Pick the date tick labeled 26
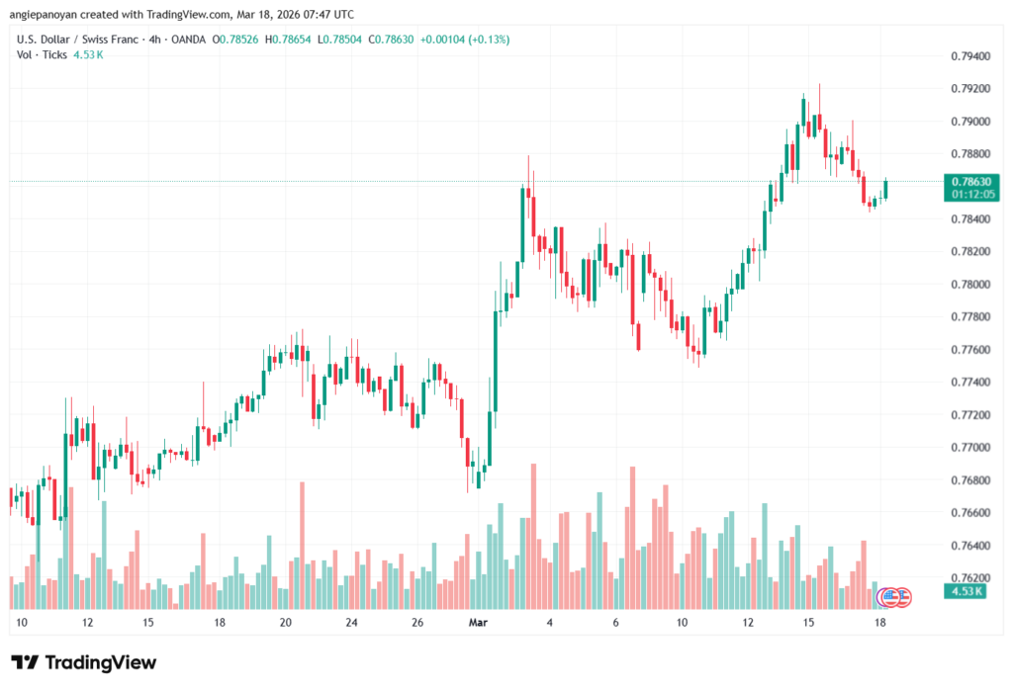coord(418,623)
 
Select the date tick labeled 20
coord(285,623)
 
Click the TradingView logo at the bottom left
coord(83,662)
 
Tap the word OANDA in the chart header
coord(186,39)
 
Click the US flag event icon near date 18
coord(888,595)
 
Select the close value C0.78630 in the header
coord(385,39)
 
